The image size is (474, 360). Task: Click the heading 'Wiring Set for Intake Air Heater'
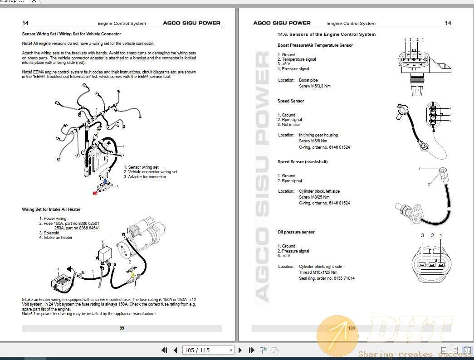coord(51,209)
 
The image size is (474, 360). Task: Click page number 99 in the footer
coord(122,328)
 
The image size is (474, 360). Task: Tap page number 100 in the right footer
coord(352,328)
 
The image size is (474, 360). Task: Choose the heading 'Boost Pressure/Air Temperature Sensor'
coord(315,45)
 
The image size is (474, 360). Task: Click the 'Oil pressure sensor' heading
coord(296,232)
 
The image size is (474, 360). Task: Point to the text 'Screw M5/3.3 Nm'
coord(314,86)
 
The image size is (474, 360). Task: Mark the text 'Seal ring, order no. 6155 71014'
coord(327,278)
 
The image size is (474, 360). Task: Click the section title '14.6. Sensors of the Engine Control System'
coord(327,34)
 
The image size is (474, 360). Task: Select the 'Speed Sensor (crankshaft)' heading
coord(302,162)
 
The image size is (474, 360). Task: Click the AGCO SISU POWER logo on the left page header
coord(192,23)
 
